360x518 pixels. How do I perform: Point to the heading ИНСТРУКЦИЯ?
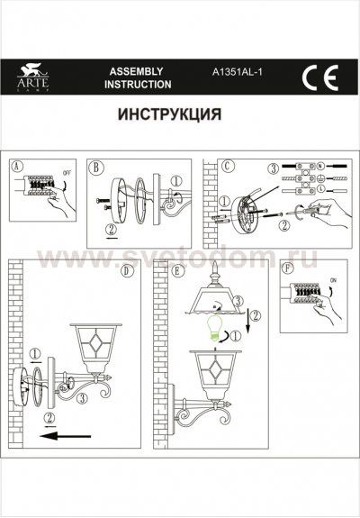[x=169, y=115]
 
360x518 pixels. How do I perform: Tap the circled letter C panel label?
[x=228, y=166]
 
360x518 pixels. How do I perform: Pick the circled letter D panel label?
[x=126, y=268]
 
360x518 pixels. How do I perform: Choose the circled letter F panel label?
[x=287, y=268]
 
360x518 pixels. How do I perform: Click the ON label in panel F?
[x=334, y=282]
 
